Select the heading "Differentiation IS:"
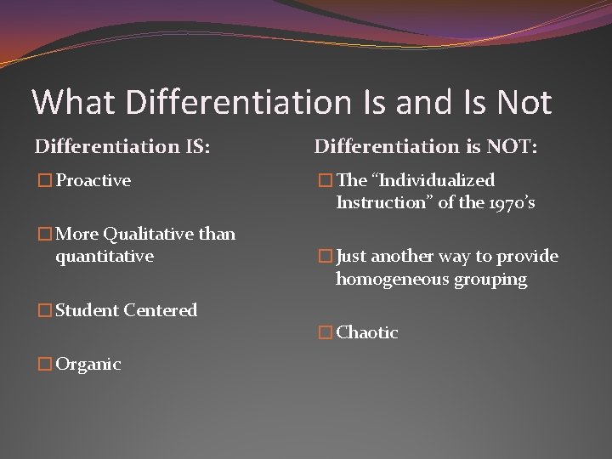coord(122,146)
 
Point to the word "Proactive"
coord(93,180)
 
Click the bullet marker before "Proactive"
coord(44,181)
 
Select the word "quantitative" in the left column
coord(105,255)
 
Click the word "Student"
coord(87,310)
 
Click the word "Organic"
coord(88,365)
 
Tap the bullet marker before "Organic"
coord(44,365)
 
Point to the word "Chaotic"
coord(367,332)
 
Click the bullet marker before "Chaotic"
coord(324,333)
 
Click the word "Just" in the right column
coord(352,257)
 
